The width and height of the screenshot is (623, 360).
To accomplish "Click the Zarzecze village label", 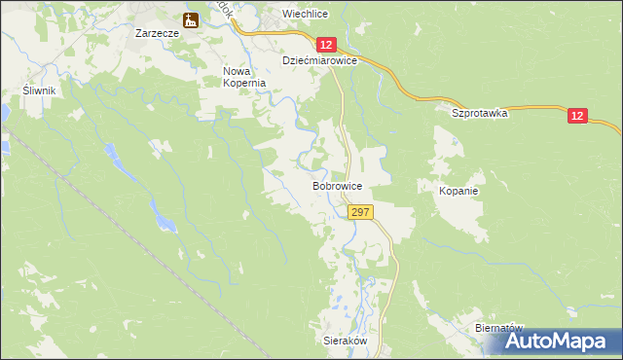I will click(x=156, y=32).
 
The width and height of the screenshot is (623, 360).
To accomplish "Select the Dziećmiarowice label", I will click(x=319, y=60).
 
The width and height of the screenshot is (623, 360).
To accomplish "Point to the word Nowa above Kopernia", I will click(x=238, y=71).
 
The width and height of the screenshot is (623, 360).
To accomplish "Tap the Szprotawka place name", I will click(x=481, y=113).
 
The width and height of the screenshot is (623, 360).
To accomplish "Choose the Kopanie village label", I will click(x=458, y=191).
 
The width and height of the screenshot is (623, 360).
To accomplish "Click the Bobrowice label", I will click(x=338, y=185).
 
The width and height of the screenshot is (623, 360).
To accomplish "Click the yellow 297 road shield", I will click(x=359, y=212).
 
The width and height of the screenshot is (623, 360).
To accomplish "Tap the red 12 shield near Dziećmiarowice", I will click(x=326, y=45).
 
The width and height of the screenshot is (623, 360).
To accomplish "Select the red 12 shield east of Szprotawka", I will click(x=578, y=116).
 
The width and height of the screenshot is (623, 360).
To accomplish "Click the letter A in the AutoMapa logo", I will click(x=517, y=341).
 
